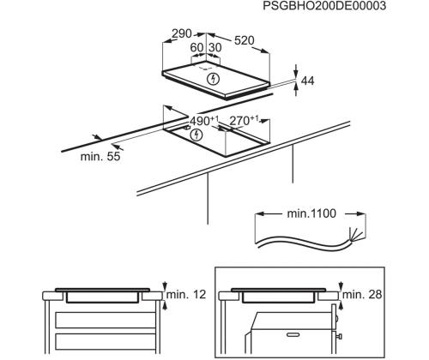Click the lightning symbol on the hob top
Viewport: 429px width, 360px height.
[214, 79]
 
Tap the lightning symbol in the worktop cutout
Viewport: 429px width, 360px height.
[197, 135]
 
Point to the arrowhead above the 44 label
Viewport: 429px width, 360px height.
[295, 68]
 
